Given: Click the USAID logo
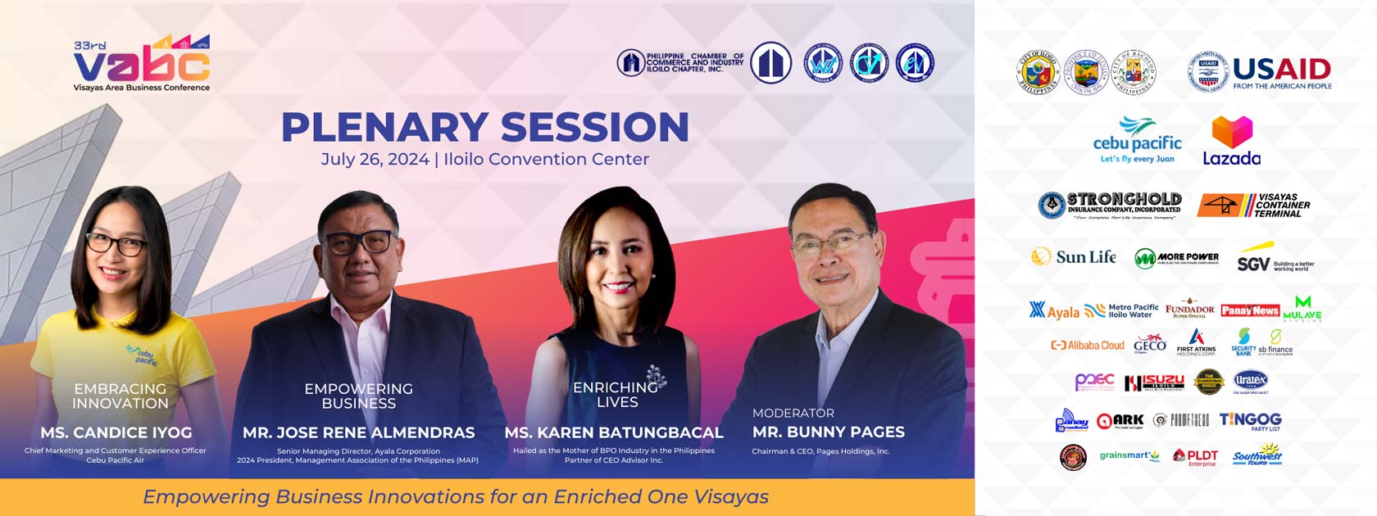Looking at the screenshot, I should [x=1260, y=73].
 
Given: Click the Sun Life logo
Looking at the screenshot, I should [x=1073, y=256].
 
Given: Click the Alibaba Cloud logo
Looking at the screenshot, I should [x=1088, y=345].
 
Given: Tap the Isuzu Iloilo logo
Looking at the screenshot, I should [x=1154, y=382].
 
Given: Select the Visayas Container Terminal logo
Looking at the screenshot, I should [x=1253, y=205].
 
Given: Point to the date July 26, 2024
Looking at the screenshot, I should [x=375, y=159].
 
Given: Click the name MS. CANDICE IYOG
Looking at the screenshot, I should [x=116, y=432].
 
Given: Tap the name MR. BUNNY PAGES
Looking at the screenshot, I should [x=828, y=432].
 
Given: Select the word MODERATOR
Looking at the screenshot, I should [x=793, y=413].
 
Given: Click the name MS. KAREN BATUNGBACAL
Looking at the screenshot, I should [x=614, y=432].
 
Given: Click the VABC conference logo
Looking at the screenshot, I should [x=142, y=65].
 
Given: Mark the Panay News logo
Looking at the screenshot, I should [x=1250, y=310].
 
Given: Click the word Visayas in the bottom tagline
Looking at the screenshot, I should [x=725, y=497].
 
